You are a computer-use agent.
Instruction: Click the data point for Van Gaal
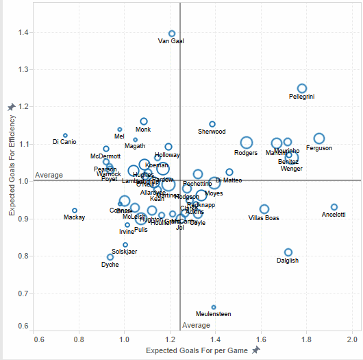click(172, 34)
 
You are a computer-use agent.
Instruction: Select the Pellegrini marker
click(302, 88)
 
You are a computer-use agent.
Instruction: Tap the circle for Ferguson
click(319, 139)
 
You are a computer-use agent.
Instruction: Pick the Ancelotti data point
click(334, 207)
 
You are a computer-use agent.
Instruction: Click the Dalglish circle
click(288, 252)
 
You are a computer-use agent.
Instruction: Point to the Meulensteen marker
click(214, 307)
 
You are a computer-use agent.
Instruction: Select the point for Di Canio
click(65, 136)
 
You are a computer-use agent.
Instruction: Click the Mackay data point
click(75, 211)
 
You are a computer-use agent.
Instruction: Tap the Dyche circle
click(110, 257)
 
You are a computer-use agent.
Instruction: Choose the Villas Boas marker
click(264, 209)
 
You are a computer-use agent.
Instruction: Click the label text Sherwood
click(212, 132)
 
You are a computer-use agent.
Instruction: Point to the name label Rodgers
click(246, 153)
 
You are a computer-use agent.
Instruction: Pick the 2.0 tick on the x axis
click(353, 339)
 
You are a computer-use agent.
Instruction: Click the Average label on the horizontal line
click(49, 175)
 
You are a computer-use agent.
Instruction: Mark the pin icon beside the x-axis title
click(256, 350)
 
